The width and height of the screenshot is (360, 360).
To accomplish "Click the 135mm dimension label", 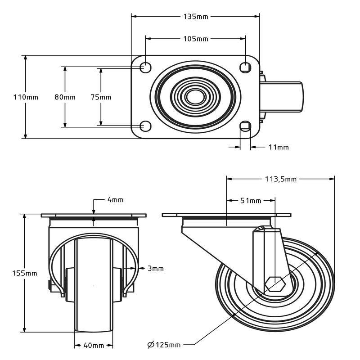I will [x=195, y=17].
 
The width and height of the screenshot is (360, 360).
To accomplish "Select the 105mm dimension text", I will [x=195, y=39].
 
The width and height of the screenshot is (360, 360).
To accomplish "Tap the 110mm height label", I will [x=26, y=97].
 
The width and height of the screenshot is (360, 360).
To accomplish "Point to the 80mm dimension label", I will [x=65, y=97].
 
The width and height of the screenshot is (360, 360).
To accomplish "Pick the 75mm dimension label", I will [x=100, y=97].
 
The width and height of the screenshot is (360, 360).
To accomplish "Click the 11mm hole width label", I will [x=279, y=147].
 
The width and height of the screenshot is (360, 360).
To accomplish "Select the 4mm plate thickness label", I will [x=115, y=200].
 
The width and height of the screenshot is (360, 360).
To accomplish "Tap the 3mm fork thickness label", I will [x=155, y=269].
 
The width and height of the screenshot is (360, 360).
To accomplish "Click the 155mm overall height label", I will [x=25, y=273].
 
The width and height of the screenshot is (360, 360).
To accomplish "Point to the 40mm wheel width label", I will [x=94, y=346].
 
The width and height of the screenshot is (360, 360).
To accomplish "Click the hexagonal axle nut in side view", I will [x=274, y=284].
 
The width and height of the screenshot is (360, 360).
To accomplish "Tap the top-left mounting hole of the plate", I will [x=145, y=67].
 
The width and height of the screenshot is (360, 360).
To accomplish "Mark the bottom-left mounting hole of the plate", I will [x=145, y=126].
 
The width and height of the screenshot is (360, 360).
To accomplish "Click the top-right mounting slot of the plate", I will [x=245, y=67].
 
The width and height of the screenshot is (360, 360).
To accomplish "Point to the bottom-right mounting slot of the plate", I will [x=245, y=126].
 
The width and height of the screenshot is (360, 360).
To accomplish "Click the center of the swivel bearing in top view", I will [x=195, y=96].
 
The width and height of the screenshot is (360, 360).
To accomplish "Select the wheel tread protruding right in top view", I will [x=283, y=96].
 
